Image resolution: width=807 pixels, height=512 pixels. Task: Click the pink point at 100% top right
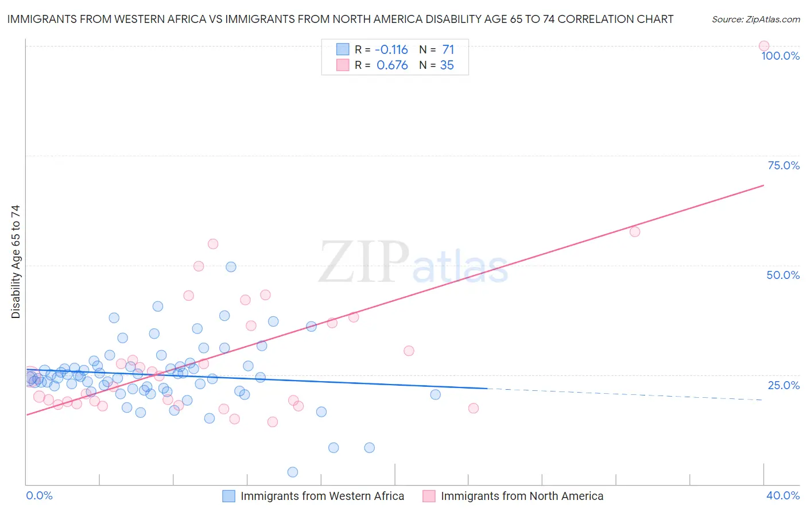tap(763, 46)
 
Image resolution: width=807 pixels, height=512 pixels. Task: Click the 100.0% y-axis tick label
tap(780, 56)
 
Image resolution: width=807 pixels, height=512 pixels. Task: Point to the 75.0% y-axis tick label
tap(783, 165)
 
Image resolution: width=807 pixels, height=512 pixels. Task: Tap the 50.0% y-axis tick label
tap(783, 275)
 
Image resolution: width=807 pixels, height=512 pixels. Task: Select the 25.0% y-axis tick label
tap(783, 385)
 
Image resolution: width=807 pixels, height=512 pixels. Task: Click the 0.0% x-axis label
tap(39, 495)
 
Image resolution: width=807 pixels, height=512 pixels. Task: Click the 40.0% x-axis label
tap(783, 495)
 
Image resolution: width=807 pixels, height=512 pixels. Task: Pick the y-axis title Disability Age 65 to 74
tap(15, 262)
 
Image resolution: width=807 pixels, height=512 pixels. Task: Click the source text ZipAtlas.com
tap(755, 19)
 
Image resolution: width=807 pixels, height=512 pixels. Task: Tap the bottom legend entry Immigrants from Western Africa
tap(322, 496)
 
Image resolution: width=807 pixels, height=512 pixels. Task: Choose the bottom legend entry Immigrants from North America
tap(522, 496)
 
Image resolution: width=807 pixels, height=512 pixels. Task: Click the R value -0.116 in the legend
tap(392, 50)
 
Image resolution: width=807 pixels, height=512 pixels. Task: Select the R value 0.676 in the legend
tap(392, 65)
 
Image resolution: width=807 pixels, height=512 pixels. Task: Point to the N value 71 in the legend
tap(448, 50)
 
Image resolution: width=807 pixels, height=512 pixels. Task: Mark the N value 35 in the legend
tap(447, 65)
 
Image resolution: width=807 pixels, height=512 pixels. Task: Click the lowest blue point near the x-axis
tap(293, 472)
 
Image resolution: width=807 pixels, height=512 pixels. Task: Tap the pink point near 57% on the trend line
tap(634, 232)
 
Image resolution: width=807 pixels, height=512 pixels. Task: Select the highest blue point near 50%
tap(231, 267)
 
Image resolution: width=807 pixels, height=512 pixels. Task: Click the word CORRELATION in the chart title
tap(596, 19)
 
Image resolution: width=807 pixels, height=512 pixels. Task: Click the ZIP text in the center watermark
tap(364, 262)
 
